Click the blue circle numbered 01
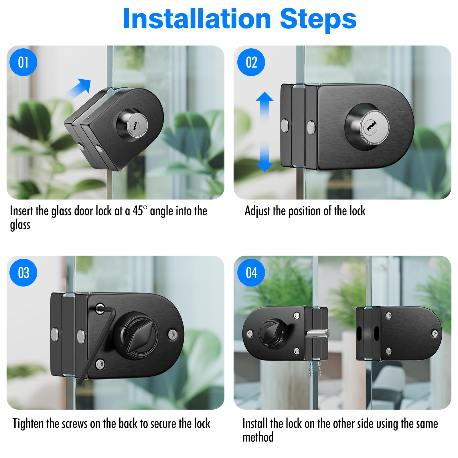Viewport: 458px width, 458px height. point(23,62)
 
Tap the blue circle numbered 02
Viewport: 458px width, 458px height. point(251,62)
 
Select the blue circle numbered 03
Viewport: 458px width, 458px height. point(23,273)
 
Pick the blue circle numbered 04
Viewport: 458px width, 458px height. point(251,273)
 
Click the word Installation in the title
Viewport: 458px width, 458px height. point(197,19)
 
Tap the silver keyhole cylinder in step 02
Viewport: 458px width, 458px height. point(372,127)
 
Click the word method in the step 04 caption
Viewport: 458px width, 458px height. point(258,437)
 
